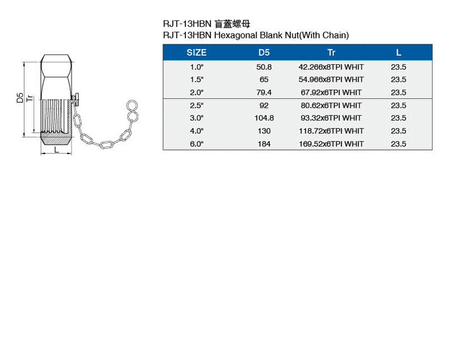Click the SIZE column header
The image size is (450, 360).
[196, 53]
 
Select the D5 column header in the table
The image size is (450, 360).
[264, 53]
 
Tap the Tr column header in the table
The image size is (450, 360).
[331, 53]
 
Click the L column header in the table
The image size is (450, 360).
[398, 53]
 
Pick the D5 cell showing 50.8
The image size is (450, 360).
[264, 67]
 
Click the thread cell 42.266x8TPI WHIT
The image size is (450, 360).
[331, 67]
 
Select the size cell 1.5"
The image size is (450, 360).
[197, 80]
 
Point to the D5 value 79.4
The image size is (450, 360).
[264, 92]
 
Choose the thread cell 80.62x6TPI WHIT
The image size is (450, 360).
[331, 106]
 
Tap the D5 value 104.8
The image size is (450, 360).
[264, 118]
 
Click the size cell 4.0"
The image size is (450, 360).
[197, 131]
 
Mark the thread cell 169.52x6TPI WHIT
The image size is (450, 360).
[331, 144]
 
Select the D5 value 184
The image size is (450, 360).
[264, 144]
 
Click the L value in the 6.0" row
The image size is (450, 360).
[398, 144]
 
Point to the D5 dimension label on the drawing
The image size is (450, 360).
[20, 98]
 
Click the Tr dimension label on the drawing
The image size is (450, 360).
[29, 98]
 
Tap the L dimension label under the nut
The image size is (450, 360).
[56, 149]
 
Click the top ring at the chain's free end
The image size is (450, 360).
[132, 105]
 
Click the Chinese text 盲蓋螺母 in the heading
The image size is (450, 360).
[232, 24]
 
